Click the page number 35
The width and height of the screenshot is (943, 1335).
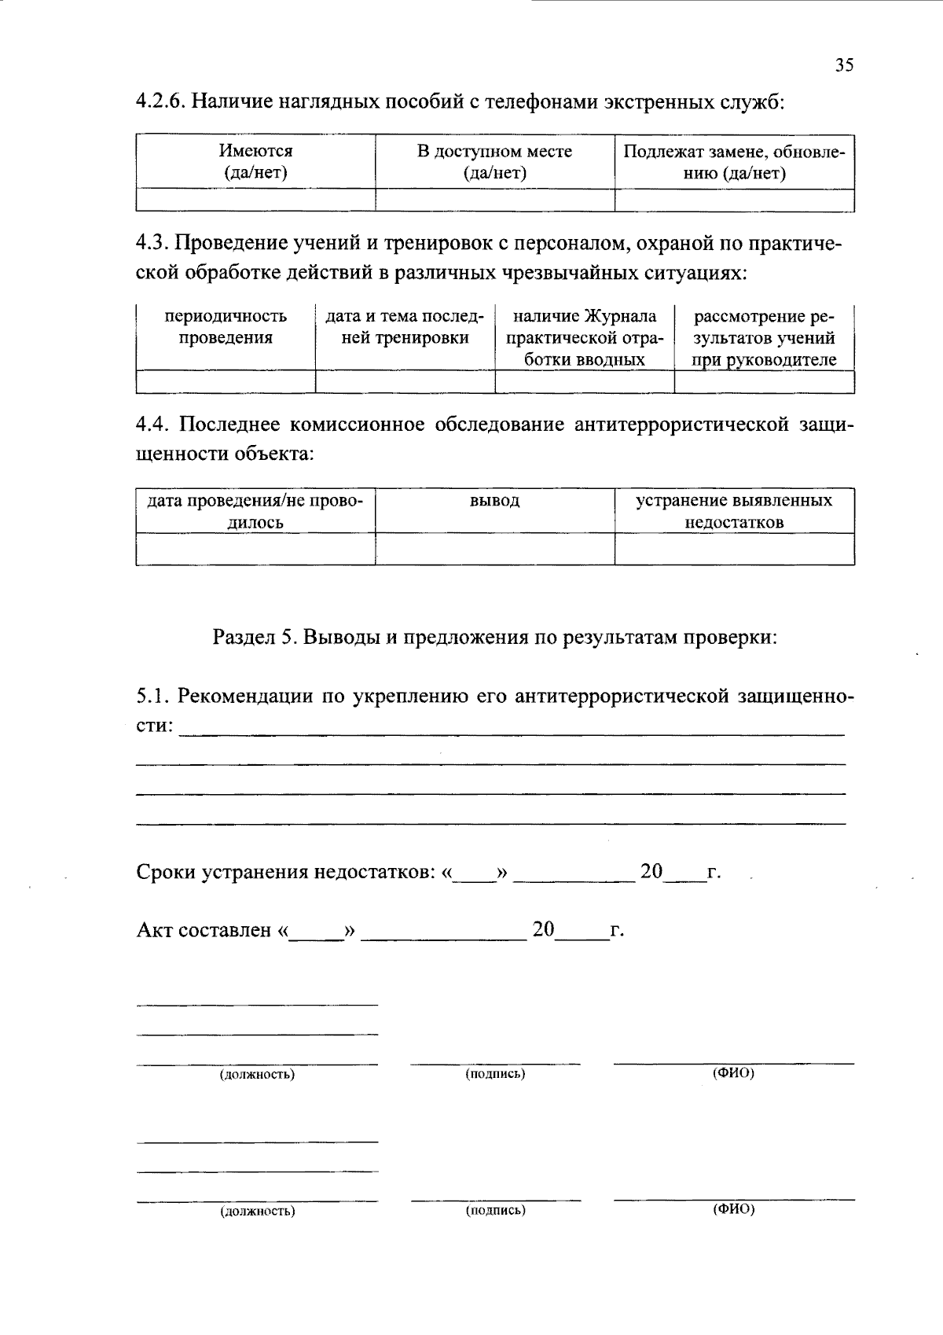844,65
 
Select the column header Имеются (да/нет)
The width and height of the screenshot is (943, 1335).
255,162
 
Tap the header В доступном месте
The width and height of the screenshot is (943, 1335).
494,162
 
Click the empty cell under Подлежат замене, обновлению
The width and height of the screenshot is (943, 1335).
734,200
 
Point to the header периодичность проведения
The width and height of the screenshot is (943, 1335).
226,327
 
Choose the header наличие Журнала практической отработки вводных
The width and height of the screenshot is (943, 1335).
584,338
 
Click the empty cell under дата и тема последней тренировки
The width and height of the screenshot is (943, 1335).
405,381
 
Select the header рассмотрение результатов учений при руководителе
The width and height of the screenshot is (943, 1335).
764,338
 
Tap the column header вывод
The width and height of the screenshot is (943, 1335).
494,501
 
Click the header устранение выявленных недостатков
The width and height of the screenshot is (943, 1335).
734,511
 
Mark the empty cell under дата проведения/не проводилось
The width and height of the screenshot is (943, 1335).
255,549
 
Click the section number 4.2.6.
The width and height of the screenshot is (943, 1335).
160,102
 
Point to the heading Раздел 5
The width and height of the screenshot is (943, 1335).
254,637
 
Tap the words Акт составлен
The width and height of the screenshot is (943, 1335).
204,930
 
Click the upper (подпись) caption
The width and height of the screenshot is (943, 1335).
495,1073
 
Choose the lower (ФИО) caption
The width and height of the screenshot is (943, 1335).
733,1209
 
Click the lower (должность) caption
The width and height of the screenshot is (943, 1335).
257,1211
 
